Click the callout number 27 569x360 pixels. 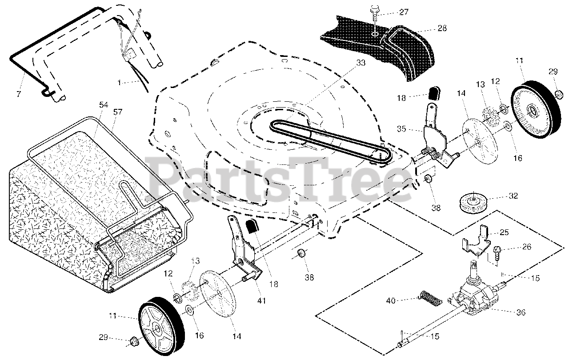click(x=403, y=12)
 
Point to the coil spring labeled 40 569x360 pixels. click(x=431, y=298)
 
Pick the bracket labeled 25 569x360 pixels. click(x=475, y=242)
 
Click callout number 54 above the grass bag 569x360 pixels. click(x=103, y=104)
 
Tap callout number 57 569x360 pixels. click(x=118, y=112)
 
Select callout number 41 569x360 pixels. click(x=261, y=301)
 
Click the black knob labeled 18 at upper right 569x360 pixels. click(x=434, y=92)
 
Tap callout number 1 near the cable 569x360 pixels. click(x=119, y=83)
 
